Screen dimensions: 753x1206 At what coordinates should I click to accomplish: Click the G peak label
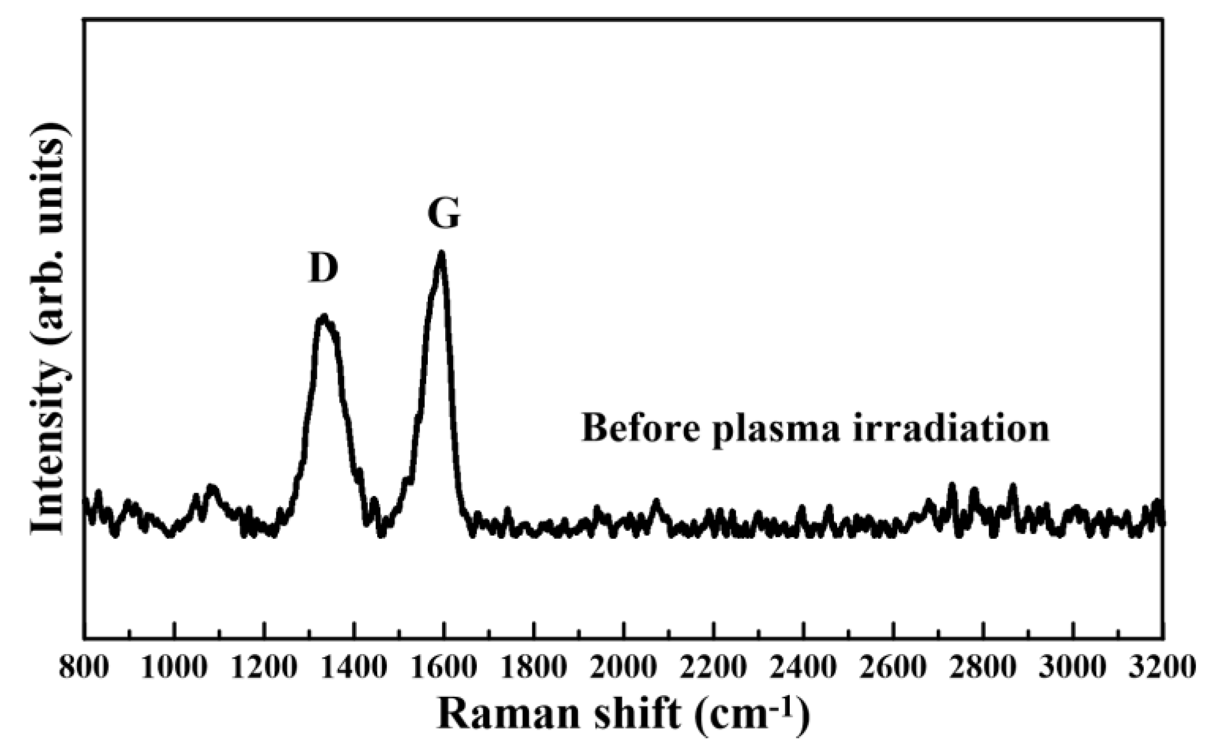click(444, 214)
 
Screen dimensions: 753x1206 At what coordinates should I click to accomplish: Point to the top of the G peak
click(441, 254)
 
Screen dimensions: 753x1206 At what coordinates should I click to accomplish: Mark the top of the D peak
click(323, 317)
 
